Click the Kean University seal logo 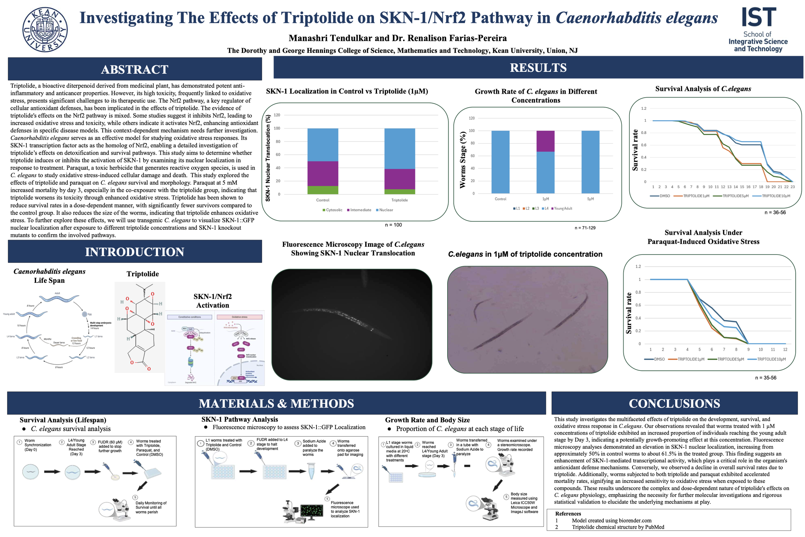(45, 29)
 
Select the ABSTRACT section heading (135, 70)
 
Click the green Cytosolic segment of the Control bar (322, 190)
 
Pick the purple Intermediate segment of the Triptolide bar (399, 179)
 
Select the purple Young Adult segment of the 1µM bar (545, 141)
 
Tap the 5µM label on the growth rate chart (591, 199)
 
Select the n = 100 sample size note (393, 225)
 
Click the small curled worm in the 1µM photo (480, 308)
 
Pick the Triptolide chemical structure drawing (140, 327)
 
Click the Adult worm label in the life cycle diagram (58, 293)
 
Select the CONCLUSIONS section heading (674, 403)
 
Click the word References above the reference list (568, 514)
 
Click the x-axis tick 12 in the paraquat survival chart (785, 350)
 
